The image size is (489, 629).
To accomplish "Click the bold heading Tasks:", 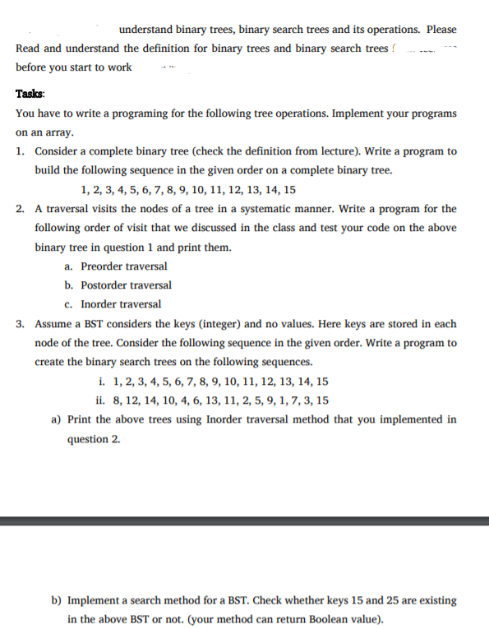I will [x=30, y=95].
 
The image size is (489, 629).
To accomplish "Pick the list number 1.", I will [x=19, y=152].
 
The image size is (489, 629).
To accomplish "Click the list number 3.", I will [x=19, y=324].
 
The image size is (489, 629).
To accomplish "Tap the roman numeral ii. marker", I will [x=100, y=400].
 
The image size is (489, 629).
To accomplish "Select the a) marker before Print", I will [x=58, y=419].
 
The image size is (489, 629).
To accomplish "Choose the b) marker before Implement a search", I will [x=58, y=601].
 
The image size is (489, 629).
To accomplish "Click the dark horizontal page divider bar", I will [x=244, y=520].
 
